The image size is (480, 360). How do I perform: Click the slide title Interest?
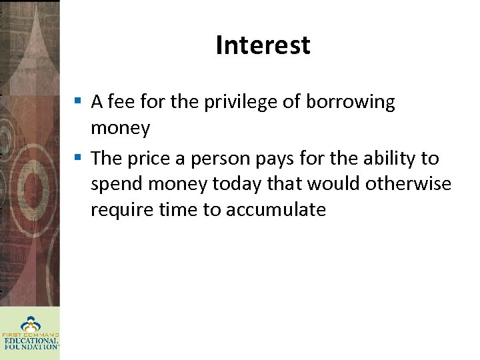point(263,45)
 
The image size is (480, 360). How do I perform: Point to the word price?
point(146,159)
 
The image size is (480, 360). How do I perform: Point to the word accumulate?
point(275,210)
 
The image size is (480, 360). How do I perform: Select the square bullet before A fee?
point(78,102)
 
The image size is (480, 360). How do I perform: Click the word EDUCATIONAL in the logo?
point(30,341)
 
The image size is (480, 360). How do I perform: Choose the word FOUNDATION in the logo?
point(30,347)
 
